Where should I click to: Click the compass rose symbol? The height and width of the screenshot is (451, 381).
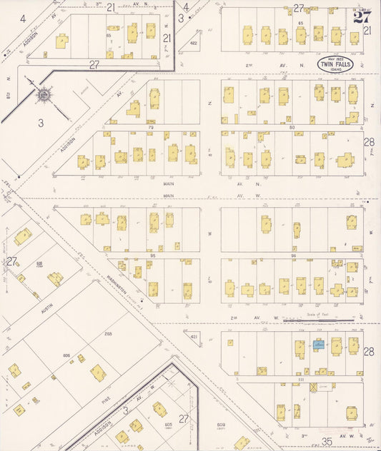click(x=44, y=93)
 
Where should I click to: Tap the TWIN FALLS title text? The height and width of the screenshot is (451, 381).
click(x=336, y=65)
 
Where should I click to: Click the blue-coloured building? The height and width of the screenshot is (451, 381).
click(x=317, y=344)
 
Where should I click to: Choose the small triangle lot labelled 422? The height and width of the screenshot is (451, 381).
click(x=193, y=44)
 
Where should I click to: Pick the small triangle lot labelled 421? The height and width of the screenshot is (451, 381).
click(x=193, y=336)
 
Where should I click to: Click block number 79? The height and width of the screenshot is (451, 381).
click(x=152, y=128)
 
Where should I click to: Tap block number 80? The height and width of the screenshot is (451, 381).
click(x=292, y=128)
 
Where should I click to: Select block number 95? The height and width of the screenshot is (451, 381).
click(x=152, y=255)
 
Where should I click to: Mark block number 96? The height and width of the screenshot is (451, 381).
click(x=293, y=255)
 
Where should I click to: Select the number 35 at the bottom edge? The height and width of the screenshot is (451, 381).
click(x=328, y=442)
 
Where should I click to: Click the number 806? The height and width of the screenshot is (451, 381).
click(x=66, y=355)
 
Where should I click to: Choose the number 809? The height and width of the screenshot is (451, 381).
click(x=219, y=425)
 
